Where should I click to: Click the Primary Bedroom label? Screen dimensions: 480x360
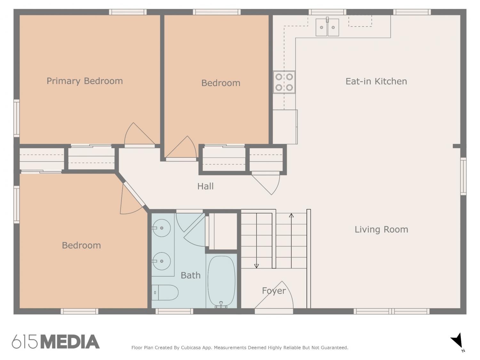pyautogui.click(x=84, y=81)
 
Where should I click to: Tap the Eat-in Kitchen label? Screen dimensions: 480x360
pyautogui.click(x=376, y=81)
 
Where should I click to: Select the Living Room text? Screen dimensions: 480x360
pyautogui.click(x=381, y=229)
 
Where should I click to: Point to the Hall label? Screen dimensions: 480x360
pyautogui.click(x=205, y=186)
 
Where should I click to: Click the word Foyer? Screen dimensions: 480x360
pyautogui.click(x=274, y=291)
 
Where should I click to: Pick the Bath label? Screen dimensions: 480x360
pyautogui.click(x=190, y=276)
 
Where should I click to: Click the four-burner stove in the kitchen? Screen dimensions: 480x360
pyautogui.click(x=284, y=82)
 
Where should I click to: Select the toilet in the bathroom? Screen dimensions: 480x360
pyautogui.click(x=165, y=292)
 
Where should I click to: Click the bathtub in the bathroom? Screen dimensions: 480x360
pyautogui.click(x=221, y=281)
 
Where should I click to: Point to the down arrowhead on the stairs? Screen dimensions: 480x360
pyautogui.click(x=257, y=266)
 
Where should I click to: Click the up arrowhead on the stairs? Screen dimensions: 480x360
pyautogui.click(x=291, y=215)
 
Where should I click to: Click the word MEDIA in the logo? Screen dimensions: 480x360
pyautogui.click(x=70, y=342)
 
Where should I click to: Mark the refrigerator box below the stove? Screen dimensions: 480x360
pyautogui.click(x=285, y=127)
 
